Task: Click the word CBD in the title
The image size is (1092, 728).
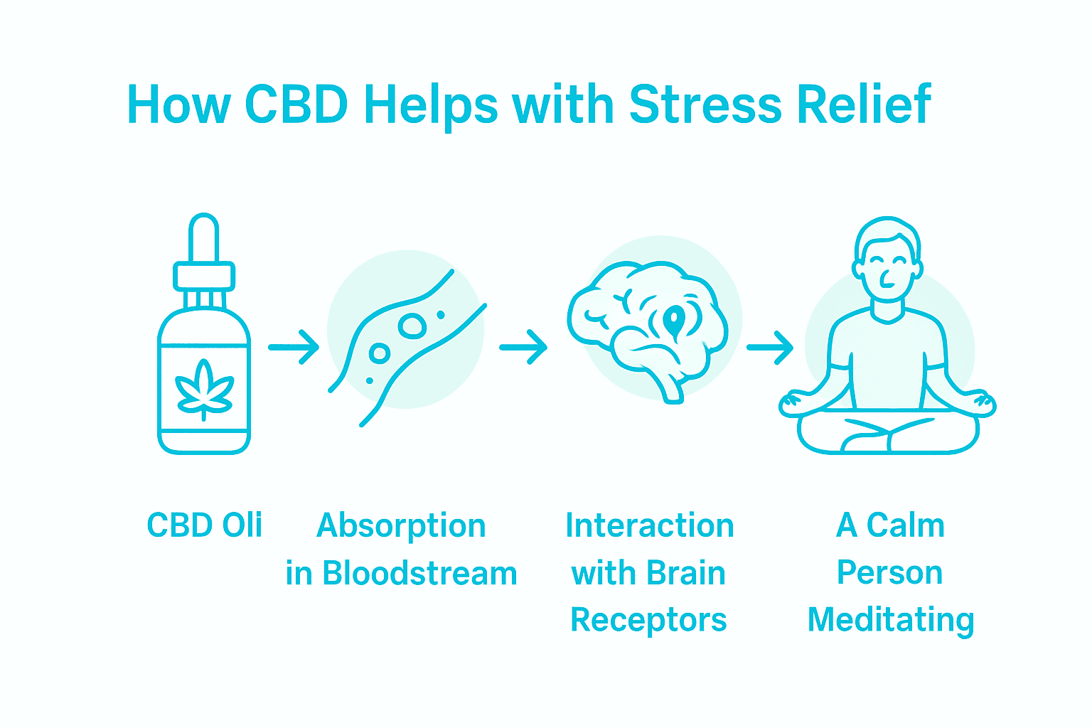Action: [296, 105]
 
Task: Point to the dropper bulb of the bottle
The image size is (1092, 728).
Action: [204, 237]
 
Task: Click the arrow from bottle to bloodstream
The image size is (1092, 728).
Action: [294, 347]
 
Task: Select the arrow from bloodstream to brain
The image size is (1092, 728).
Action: [523, 347]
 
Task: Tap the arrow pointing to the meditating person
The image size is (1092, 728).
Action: [770, 347]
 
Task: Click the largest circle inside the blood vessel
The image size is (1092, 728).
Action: [412, 326]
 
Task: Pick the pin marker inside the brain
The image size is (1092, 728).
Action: [673, 320]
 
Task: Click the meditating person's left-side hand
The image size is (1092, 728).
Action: [792, 404]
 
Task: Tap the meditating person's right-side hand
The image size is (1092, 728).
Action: [983, 404]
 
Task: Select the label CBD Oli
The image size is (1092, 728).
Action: [205, 525]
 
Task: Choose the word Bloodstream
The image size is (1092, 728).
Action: [419, 573]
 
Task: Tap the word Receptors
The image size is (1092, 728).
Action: [648, 620]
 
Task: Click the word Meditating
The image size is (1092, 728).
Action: [891, 620]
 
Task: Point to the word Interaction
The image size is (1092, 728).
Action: [649, 526]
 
